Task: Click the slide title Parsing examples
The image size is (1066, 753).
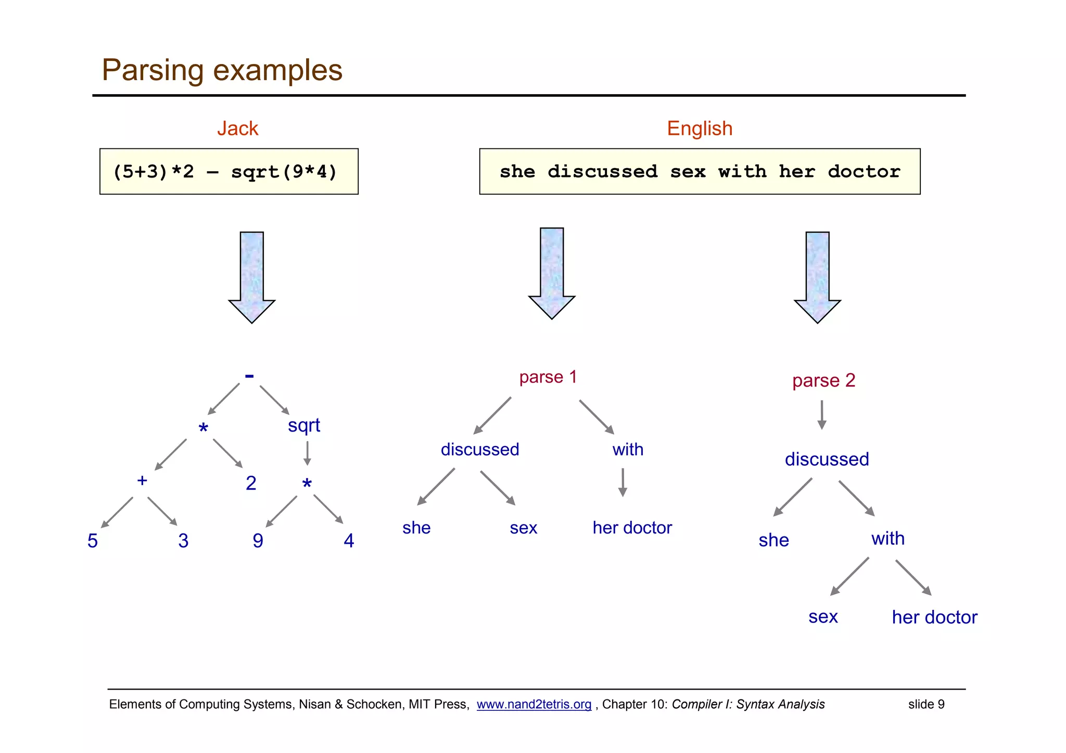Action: (222, 70)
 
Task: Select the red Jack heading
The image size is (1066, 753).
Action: (237, 129)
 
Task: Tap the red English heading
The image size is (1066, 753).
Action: (700, 129)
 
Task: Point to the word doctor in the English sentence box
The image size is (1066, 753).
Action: (864, 172)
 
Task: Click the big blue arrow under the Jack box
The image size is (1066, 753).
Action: (252, 276)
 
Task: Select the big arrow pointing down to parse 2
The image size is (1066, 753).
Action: (817, 276)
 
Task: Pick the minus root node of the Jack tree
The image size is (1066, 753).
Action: (249, 376)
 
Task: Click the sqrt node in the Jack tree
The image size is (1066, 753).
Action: (304, 426)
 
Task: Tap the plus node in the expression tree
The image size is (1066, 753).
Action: (142, 480)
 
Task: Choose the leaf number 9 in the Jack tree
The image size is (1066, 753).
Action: (258, 541)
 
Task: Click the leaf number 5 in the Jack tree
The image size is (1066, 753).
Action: (93, 541)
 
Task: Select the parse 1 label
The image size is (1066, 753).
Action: (548, 377)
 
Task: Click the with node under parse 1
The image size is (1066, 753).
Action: (628, 450)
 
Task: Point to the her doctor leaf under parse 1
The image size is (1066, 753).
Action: (632, 528)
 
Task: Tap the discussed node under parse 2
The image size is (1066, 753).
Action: (827, 460)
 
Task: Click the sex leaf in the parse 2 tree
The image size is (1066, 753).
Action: (823, 617)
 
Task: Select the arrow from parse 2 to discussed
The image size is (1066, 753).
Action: (822, 415)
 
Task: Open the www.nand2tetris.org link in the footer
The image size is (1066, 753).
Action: (534, 704)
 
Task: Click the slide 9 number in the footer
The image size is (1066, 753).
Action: (926, 704)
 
